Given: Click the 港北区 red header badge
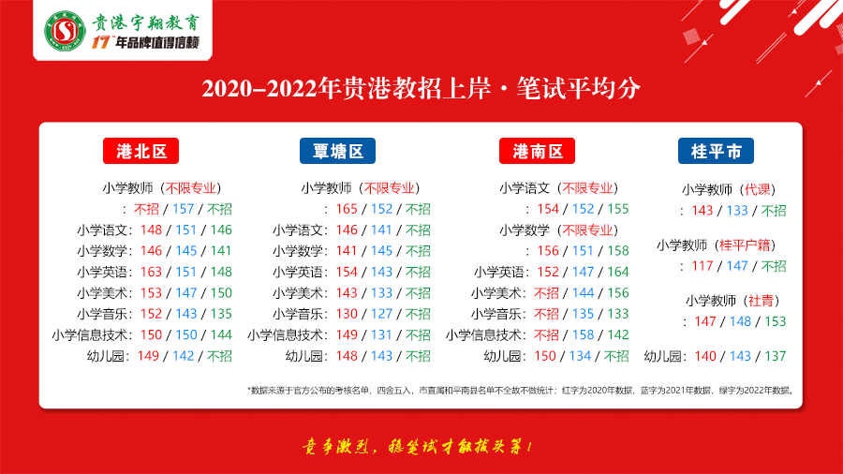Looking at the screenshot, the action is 140,151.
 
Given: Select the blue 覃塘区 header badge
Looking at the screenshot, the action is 337,151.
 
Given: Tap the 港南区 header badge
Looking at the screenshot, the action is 537,151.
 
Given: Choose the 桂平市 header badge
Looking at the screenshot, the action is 716,151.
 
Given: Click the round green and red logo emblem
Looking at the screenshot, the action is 65,31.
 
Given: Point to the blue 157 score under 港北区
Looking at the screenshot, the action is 183,209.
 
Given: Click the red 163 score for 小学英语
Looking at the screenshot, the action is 151,272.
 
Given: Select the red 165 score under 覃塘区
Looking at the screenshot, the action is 347,209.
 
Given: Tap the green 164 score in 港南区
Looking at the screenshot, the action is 618,272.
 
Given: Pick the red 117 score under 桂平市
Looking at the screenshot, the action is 702,266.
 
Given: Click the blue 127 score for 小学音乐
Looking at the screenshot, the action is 382,314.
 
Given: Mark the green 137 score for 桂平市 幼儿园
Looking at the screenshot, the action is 776,356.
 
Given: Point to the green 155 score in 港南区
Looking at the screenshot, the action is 618,209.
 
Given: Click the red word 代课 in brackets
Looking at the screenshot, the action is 758,190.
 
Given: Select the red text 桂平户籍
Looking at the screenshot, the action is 745,245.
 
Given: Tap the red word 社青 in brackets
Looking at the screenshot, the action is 761,301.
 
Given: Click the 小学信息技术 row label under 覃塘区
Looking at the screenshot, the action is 286,335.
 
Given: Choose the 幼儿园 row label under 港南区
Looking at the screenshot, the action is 502,356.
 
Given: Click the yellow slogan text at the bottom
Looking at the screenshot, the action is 417,447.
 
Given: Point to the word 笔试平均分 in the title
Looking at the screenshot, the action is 579,88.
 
